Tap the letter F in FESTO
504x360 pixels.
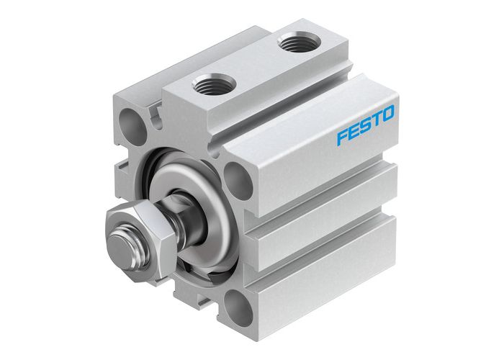pos(341,136)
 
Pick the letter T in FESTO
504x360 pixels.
pos(376,120)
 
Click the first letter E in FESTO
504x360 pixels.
pos(354,131)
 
